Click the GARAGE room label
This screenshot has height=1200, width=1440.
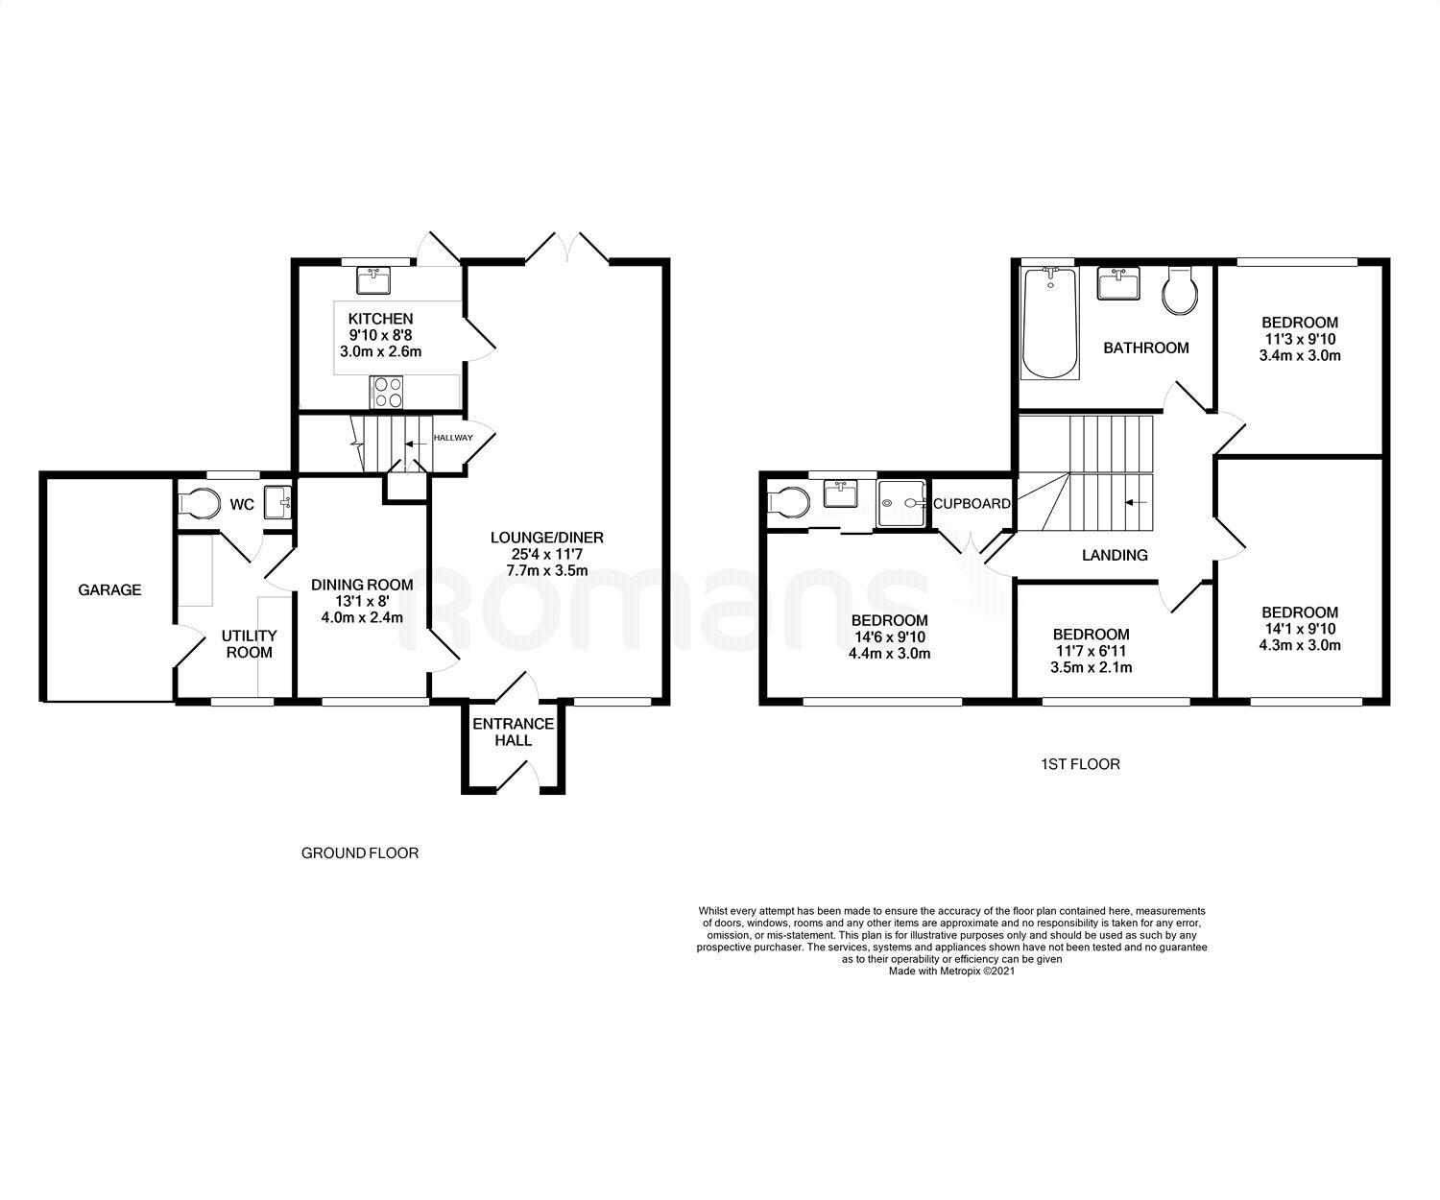(x=109, y=589)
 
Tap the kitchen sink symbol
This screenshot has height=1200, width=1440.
(x=373, y=280)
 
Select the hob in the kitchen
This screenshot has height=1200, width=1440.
(x=386, y=392)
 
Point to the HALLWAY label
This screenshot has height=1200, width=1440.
(x=453, y=438)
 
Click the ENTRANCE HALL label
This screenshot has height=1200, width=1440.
(x=513, y=732)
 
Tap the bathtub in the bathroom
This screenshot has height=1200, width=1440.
(x=1049, y=324)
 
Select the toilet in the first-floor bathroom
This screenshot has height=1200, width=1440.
(x=1180, y=291)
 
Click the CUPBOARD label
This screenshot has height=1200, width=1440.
(x=972, y=503)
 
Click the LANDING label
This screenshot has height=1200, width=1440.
(x=1115, y=555)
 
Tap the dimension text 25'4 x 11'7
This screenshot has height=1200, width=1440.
(x=547, y=554)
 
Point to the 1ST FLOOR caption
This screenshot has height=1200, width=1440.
(x=1080, y=764)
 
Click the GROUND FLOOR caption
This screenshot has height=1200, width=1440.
(x=360, y=853)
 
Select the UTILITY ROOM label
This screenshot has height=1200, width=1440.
(x=249, y=643)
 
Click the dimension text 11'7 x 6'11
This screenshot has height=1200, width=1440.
(x=1091, y=650)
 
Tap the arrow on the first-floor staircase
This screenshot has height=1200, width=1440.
(x=1137, y=502)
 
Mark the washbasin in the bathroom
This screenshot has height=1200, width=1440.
(x=1118, y=283)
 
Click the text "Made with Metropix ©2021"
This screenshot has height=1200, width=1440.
(x=951, y=971)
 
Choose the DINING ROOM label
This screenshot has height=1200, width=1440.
(x=362, y=585)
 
